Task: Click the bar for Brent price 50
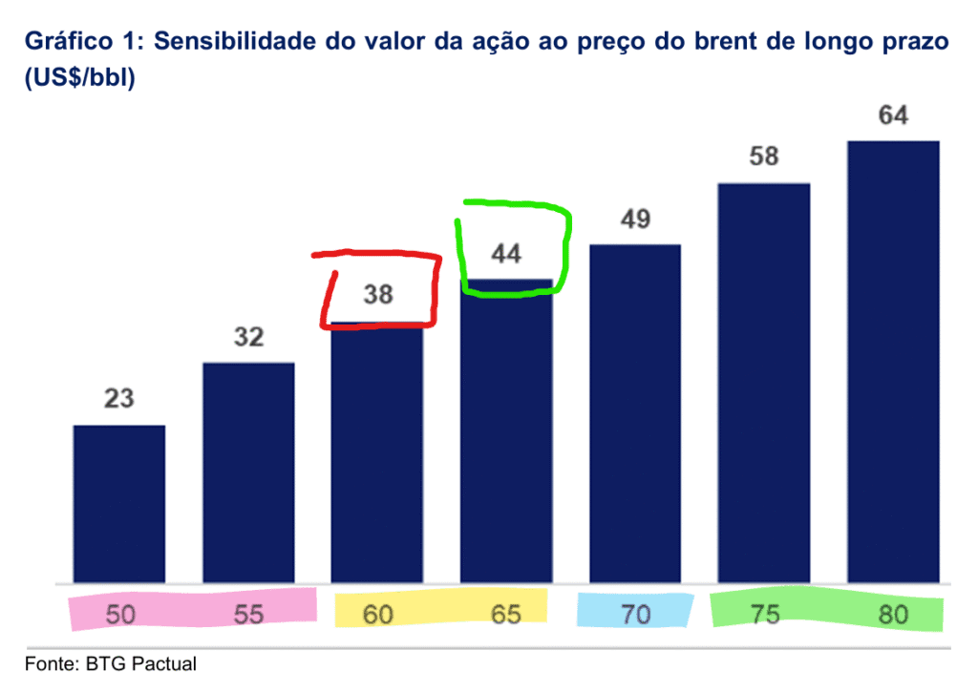pos(119,503)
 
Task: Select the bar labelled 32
pos(248,472)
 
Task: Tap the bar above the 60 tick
pos(377,453)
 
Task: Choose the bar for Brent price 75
pos(764,383)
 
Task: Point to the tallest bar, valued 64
pos(893,362)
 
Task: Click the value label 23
pos(119,398)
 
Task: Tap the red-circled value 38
pos(378,295)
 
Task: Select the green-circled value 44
pos(506,254)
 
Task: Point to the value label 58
pos(764,156)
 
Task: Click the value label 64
pos(893,115)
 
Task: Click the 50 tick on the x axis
pos(120,615)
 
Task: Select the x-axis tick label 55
pos(248,615)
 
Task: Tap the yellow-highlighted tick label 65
pos(506,615)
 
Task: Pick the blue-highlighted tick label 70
pos(635,615)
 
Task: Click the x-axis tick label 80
pos(893,615)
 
